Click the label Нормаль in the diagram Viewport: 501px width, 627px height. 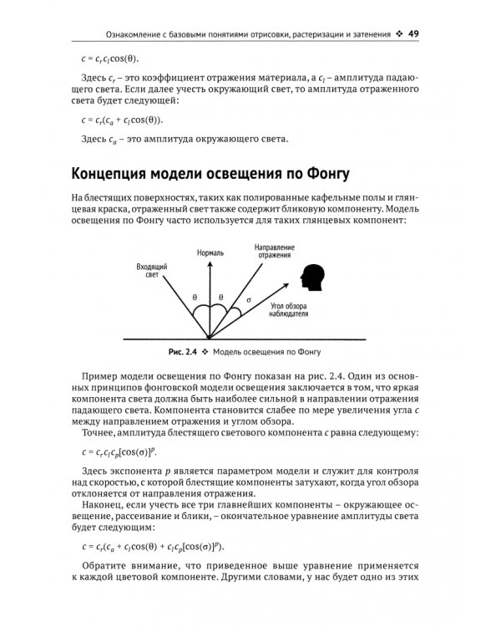click(210, 251)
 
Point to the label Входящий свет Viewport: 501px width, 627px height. click(152, 269)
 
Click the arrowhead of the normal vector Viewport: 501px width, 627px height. click(210, 263)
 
